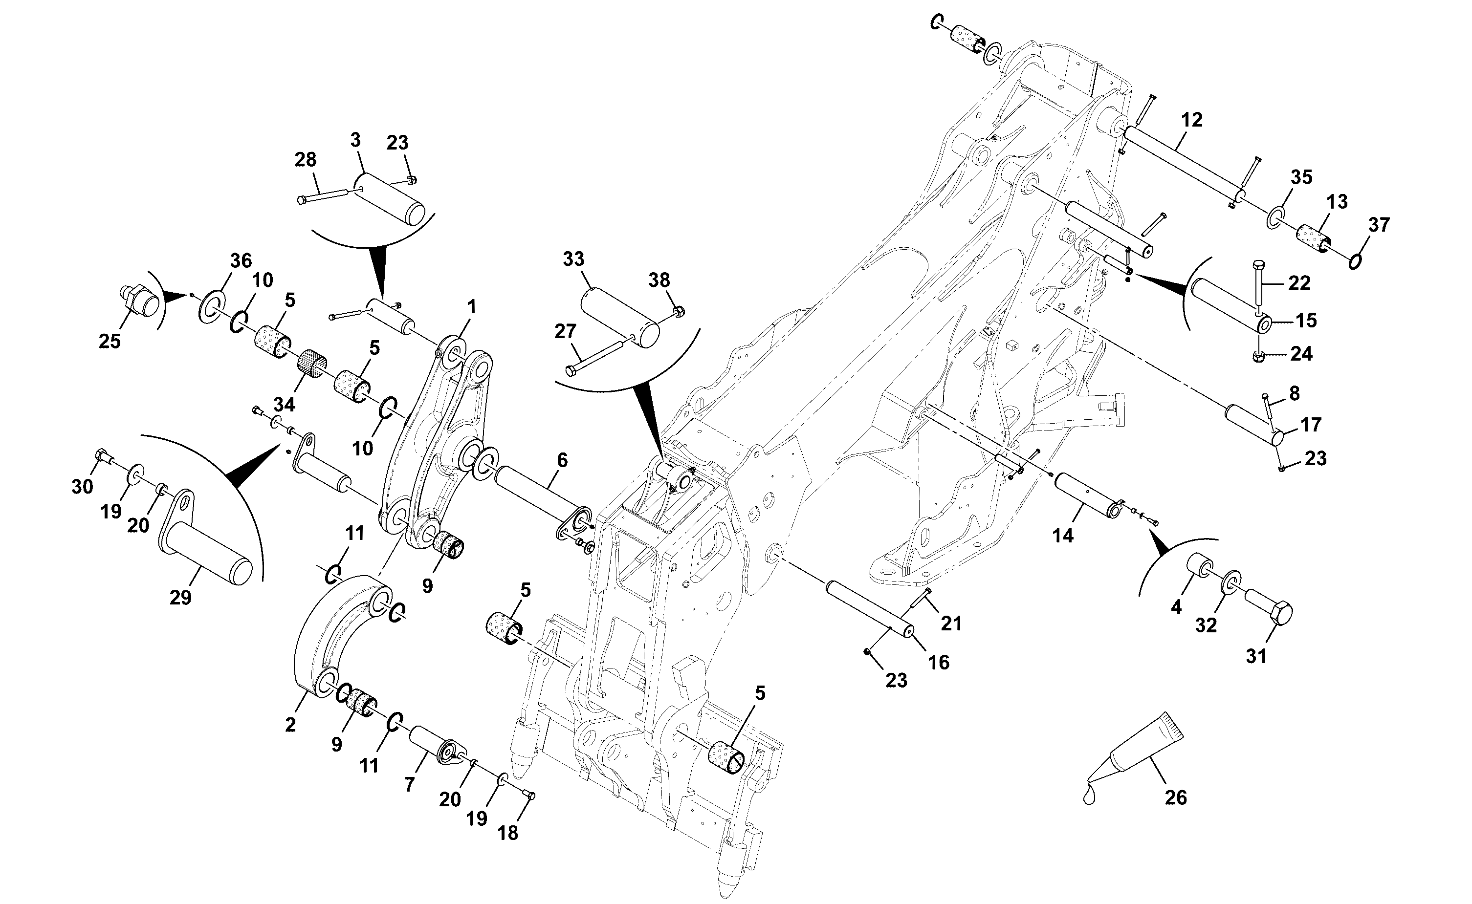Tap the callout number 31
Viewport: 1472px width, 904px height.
pos(1256,656)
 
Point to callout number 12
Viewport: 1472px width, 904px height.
pos(1191,120)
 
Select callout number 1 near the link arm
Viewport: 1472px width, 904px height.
pos(471,308)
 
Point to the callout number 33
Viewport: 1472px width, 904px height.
pos(573,259)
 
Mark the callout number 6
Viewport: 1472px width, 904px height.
pos(562,460)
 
